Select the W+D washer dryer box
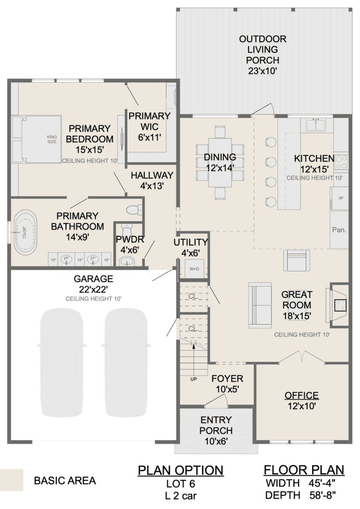194,269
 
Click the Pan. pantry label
339,230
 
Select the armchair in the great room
297,261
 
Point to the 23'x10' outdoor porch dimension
263,71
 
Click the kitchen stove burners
342,161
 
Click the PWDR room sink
126,262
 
